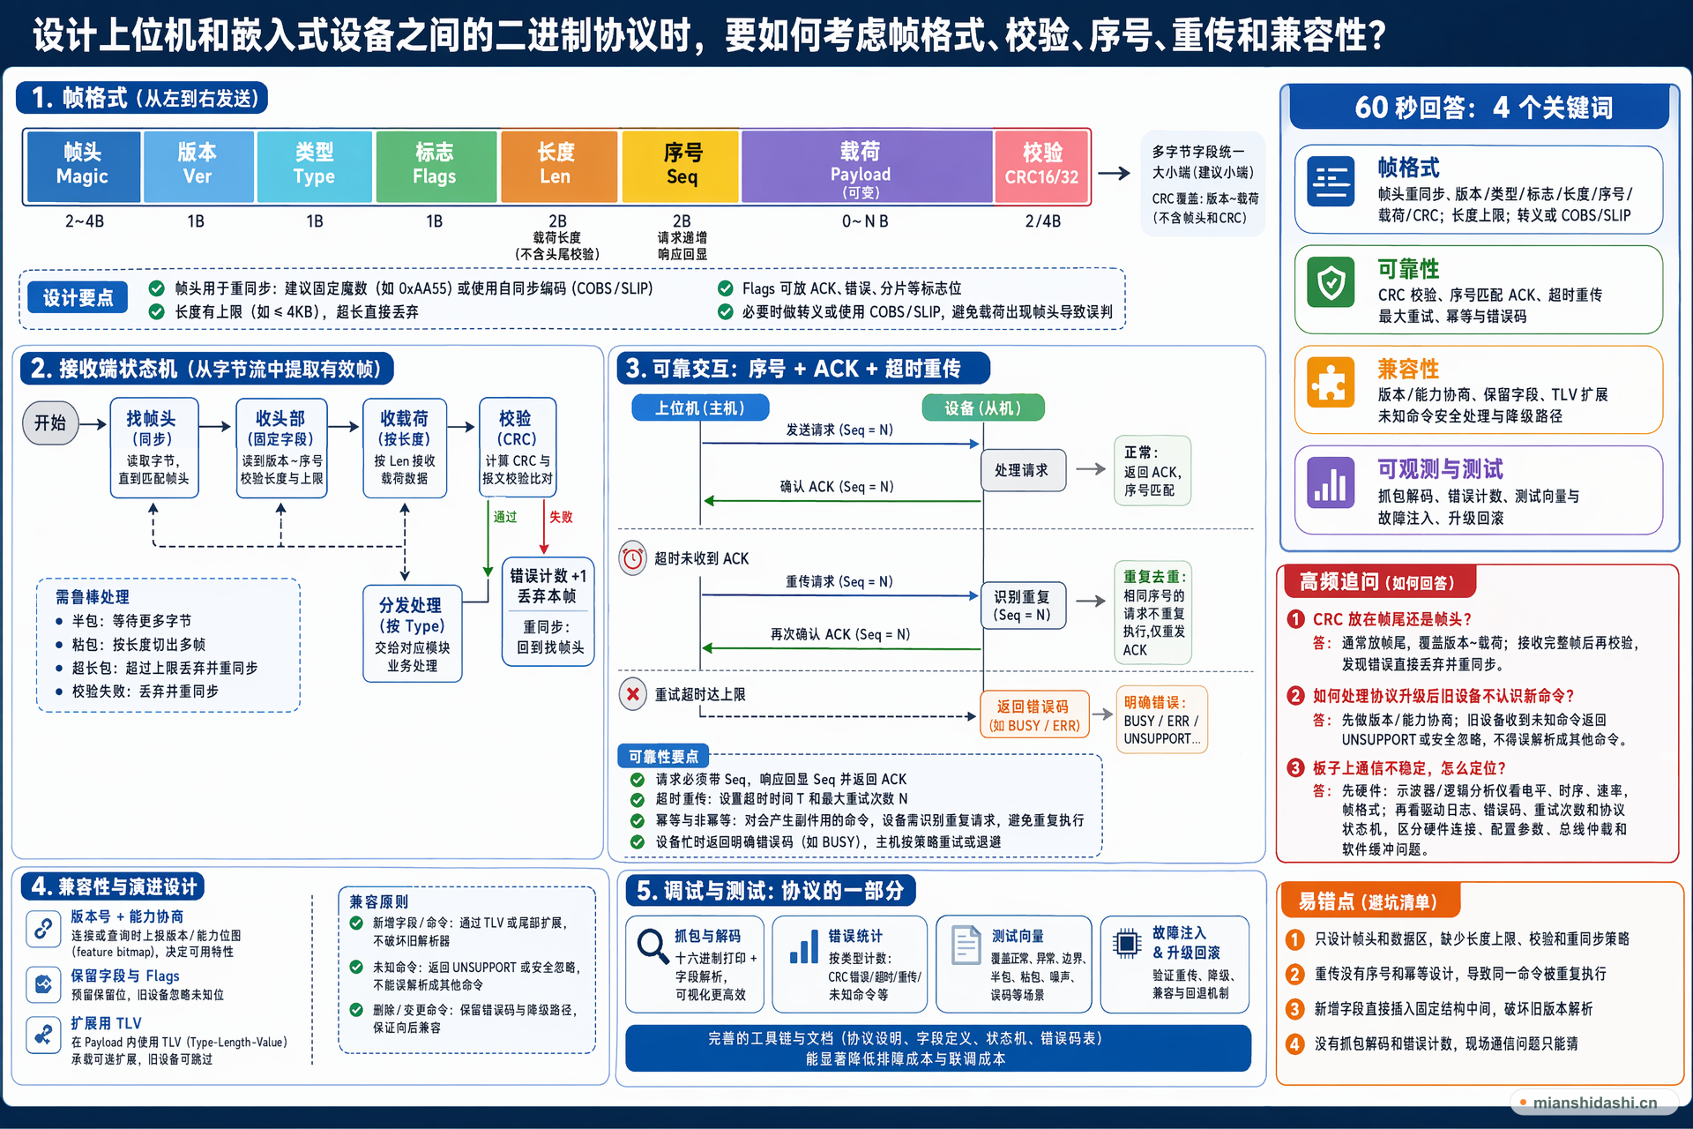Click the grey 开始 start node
coord(50,423)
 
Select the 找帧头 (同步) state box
coord(154,448)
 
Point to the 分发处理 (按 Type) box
coord(412,633)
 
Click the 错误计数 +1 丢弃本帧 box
coord(548,610)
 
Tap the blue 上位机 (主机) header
coord(700,407)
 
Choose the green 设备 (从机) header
coord(983,407)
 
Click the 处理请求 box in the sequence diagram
coord(1023,470)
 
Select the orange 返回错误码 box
coord(1034,715)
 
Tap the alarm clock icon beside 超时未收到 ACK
coord(632,558)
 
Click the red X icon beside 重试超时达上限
coord(632,694)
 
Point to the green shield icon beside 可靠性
coord(1331,283)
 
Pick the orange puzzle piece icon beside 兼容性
coord(1331,383)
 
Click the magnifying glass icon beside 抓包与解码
coord(653,947)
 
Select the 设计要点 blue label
coord(78,297)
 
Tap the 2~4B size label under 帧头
coord(85,221)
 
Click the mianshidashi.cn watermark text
coord(1595,1103)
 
